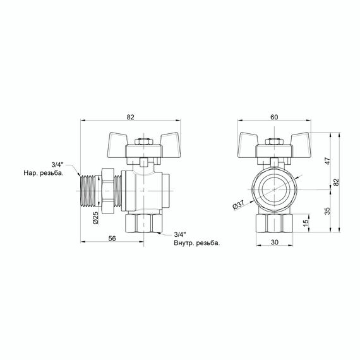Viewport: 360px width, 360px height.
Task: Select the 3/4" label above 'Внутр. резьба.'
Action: pos(179,234)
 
